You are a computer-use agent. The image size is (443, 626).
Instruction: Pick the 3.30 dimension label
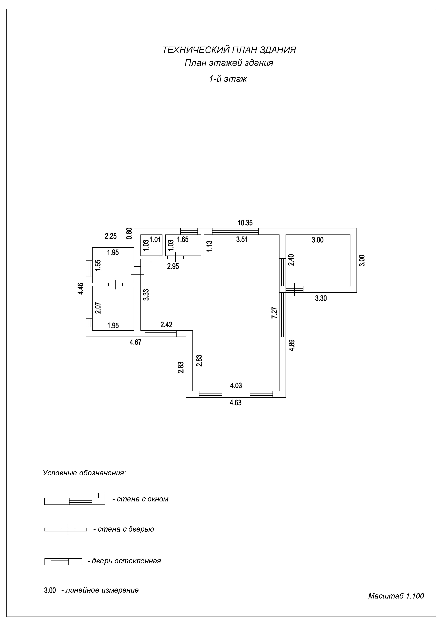(x=321, y=298)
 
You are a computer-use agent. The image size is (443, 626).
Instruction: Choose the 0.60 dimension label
(x=129, y=233)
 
